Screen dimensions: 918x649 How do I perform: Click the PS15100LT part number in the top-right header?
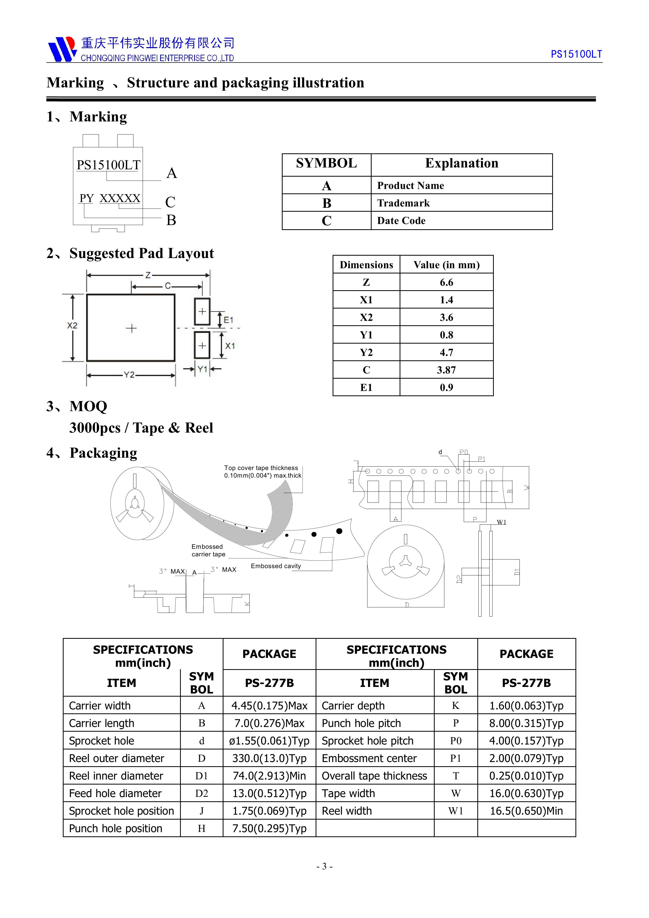tap(576, 54)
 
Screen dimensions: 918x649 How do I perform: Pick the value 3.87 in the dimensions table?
tap(446, 370)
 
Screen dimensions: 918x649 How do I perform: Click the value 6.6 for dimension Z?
tap(446, 283)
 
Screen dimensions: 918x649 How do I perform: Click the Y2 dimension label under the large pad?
tap(129, 375)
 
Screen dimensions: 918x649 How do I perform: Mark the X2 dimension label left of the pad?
tap(72, 326)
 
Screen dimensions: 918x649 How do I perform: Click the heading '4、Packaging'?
tap(92, 453)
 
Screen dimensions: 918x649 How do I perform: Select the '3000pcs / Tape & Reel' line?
tap(141, 428)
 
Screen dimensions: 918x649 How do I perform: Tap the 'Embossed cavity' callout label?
tap(276, 566)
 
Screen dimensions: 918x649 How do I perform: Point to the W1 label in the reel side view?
tap(501, 522)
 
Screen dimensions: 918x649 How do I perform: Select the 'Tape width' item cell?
tap(348, 794)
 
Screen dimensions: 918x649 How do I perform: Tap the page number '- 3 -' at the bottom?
tap(324, 866)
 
